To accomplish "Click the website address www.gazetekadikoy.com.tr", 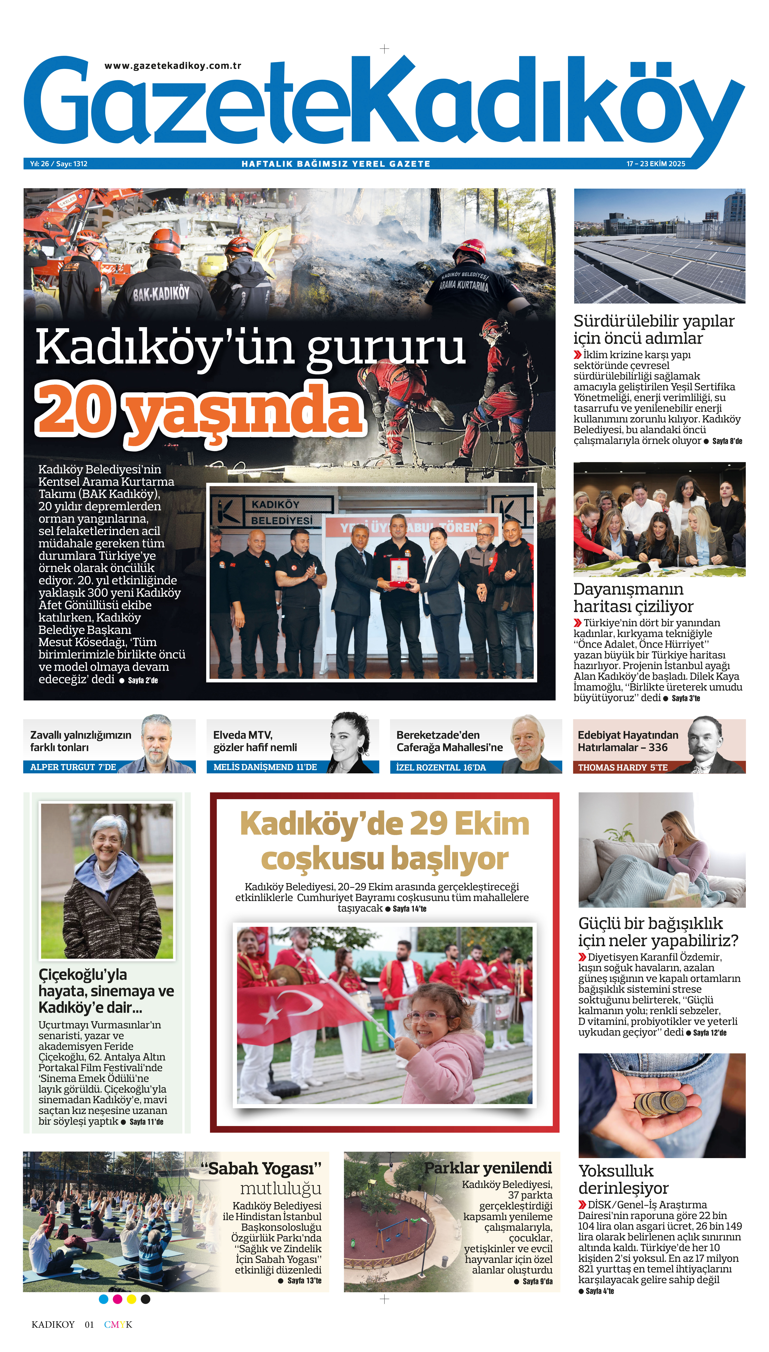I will [173, 66].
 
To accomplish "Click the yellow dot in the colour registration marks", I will [132, 1299].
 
